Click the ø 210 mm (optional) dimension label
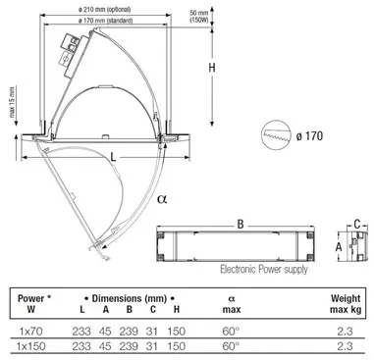(105, 10)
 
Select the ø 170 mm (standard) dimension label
(105, 21)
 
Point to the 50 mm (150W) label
(199, 16)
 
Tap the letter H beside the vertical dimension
(212, 68)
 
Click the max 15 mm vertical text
(12, 102)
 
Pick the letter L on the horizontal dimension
(113, 158)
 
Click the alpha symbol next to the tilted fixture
(162, 198)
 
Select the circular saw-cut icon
(277, 135)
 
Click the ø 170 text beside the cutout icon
(309, 135)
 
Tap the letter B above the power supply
(240, 224)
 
